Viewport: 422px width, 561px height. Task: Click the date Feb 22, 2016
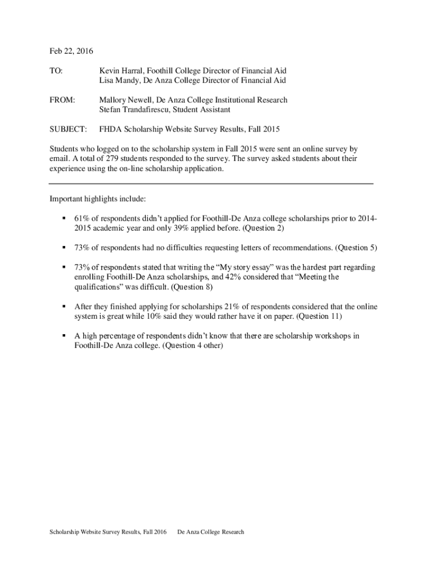(x=71, y=51)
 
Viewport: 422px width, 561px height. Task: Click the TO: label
(x=56, y=71)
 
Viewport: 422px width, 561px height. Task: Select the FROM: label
(x=62, y=100)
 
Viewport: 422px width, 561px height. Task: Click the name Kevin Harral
(x=119, y=71)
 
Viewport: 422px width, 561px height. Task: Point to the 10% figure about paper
(x=145, y=317)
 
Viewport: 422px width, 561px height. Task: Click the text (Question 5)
(x=357, y=248)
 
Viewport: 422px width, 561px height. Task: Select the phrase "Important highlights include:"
(x=98, y=198)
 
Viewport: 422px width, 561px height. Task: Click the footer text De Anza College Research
(x=210, y=532)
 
